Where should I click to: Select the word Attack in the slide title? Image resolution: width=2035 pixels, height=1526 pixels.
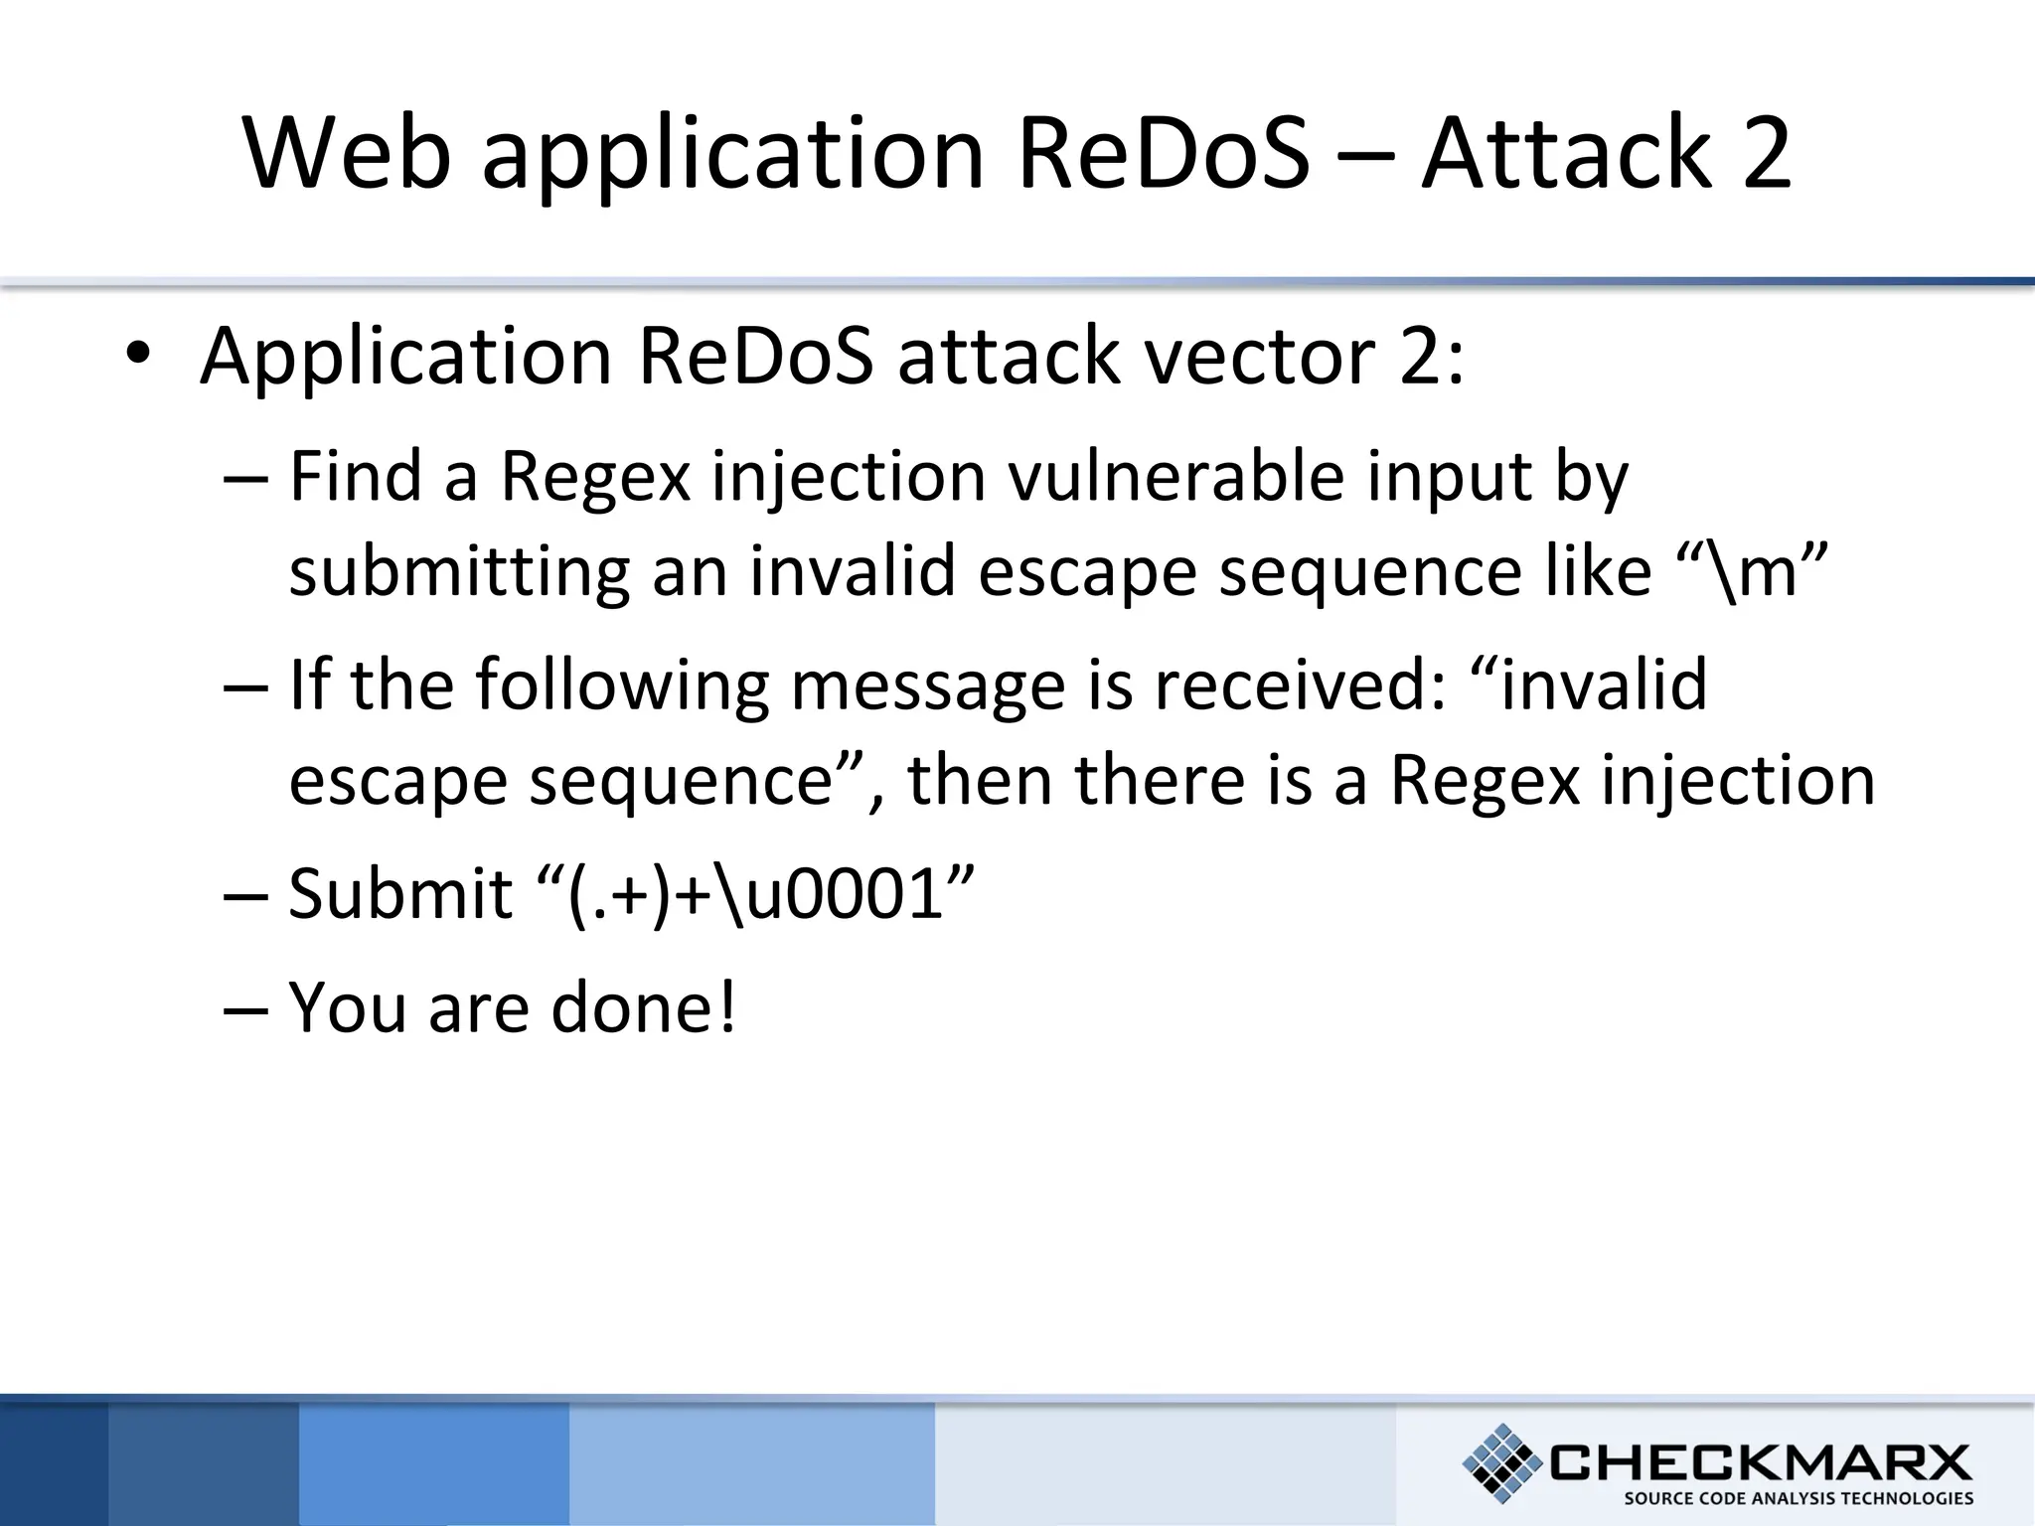pos(1568,153)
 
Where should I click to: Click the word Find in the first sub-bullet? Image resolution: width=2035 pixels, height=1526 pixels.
pos(355,477)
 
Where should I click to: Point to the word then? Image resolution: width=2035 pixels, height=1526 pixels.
pos(979,781)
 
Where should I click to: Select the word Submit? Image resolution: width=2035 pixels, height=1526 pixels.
pos(399,894)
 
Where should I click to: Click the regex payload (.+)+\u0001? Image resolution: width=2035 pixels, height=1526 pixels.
pos(755,894)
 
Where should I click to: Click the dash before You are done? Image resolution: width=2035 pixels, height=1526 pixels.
pos(245,1009)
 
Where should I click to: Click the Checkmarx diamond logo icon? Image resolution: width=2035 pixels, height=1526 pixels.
pos(1501,1461)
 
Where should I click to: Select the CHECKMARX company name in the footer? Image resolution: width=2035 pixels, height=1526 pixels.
pos(1760,1461)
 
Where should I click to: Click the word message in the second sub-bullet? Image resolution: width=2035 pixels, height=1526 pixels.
pos(927,686)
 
